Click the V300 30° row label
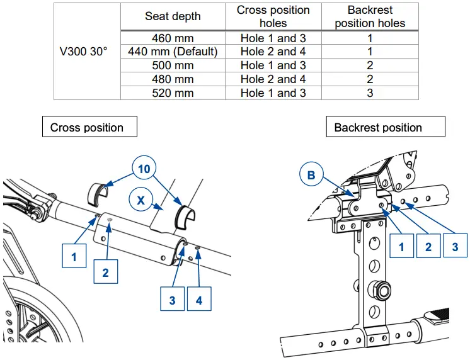click(87, 52)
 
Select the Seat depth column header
click(173, 16)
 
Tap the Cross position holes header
click(273, 16)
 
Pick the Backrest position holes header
click(370, 16)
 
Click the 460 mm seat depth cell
click(173, 38)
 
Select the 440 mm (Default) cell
click(173, 52)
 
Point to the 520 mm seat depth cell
click(173, 93)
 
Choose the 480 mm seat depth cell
click(173, 79)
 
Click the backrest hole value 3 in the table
click(370, 93)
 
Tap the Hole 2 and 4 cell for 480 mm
click(273, 79)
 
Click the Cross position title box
click(87, 127)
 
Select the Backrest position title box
click(378, 127)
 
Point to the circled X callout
click(140, 200)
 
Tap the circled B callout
click(311, 176)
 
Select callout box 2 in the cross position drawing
click(105, 272)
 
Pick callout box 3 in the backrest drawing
click(455, 247)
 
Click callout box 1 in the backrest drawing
click(401, 247)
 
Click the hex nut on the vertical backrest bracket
click(382, 289)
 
